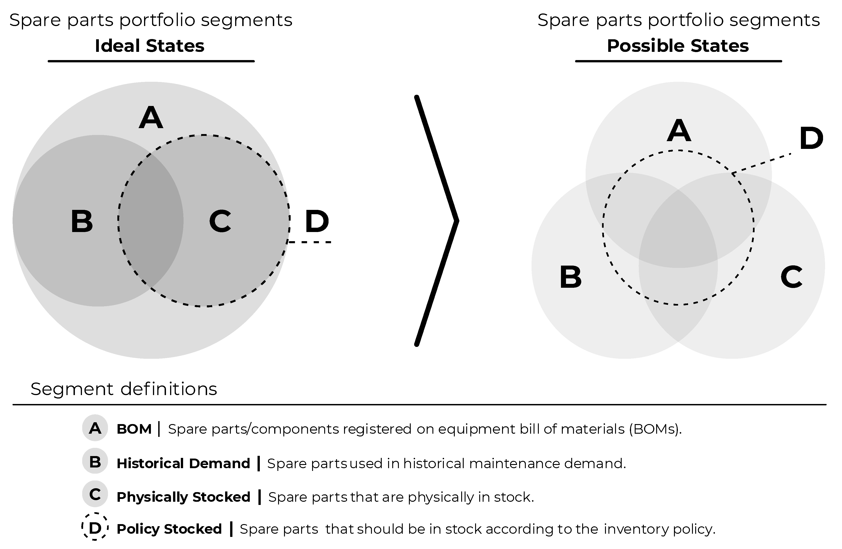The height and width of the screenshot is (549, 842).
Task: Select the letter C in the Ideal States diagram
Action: tap(220, 222)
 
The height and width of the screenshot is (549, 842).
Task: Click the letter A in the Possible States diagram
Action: tap(679, 131)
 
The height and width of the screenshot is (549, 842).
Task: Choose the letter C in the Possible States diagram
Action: tap(791, 277)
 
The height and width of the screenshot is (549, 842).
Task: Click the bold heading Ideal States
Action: tap(150, 46)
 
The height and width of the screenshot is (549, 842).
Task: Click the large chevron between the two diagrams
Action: tap(437, 221)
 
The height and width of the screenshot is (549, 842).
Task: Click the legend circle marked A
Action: tap(95, 428)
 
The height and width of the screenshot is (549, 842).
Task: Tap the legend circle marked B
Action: tap(95, 462)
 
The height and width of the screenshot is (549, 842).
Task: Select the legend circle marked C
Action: tap(95, 494)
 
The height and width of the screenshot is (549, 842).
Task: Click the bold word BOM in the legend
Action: tap(134, 429)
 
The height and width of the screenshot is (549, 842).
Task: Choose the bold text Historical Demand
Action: tap(183, 463)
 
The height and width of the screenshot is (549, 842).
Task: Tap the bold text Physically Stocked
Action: tap(183, 497)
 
